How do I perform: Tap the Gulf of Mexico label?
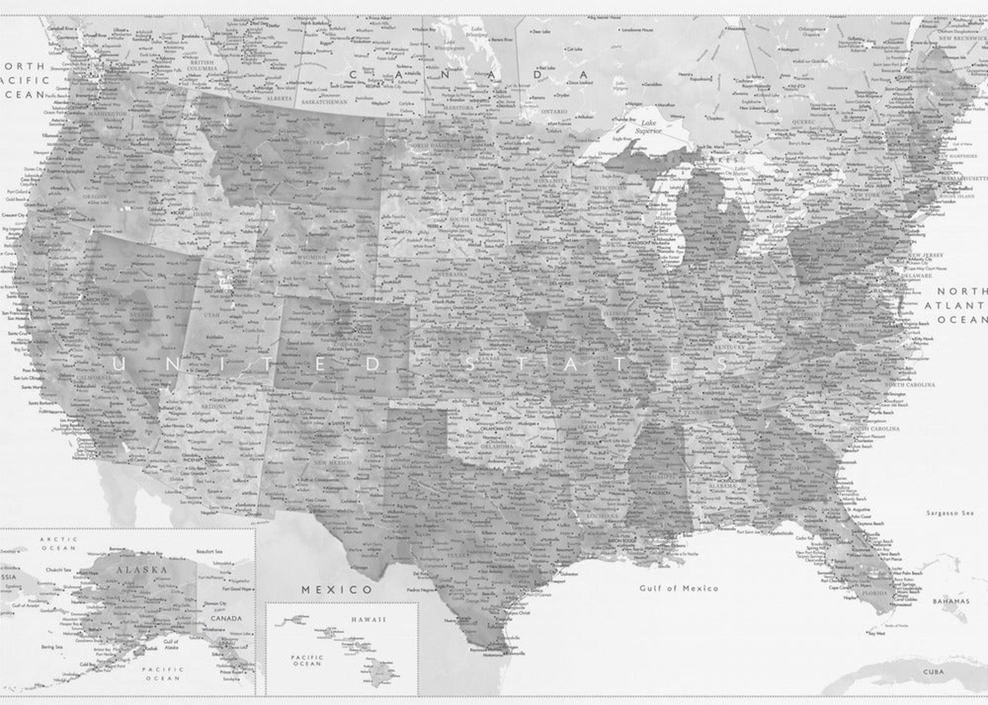pos(678,588)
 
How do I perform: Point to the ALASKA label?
pos(142,570)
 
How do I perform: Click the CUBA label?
pos(933,672)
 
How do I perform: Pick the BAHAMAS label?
pos(951,601)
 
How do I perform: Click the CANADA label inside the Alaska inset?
pos(226,618)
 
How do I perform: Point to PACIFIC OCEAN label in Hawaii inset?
pos(307,660)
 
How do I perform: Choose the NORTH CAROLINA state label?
pos(910,385)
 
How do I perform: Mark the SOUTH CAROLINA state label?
pos(874,429)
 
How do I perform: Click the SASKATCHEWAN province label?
pos(324,102)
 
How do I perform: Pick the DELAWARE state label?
pos(916,275)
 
